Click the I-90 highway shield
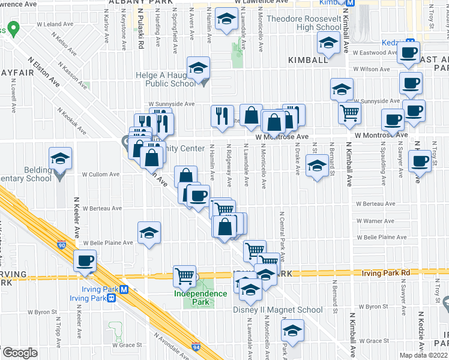(62, 245)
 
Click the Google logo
(19, 353)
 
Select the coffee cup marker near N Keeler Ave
(85, 261)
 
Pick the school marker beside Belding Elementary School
(60, 158)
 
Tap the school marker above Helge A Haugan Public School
(197, 68)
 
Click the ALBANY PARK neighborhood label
(133, 2)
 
